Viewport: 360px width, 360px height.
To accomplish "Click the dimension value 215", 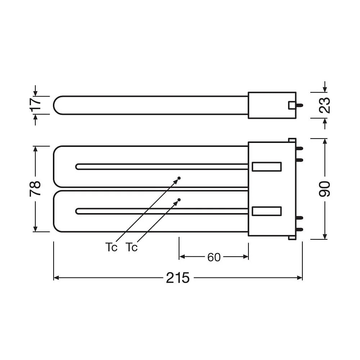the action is [178, 278].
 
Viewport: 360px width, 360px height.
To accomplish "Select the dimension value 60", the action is [214, 257].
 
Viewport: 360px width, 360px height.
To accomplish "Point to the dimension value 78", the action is [35, 189].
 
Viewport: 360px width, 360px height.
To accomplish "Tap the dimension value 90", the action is [324, 189].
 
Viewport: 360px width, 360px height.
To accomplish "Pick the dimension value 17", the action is [35, 104].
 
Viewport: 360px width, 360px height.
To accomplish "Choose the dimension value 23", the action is [325, 105].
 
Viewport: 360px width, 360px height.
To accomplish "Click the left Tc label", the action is [111, 247].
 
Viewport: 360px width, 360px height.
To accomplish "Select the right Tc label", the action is [131, 247].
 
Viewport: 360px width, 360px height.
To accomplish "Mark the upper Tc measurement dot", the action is [179, 178].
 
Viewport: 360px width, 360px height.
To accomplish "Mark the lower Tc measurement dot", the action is [179, 200].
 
